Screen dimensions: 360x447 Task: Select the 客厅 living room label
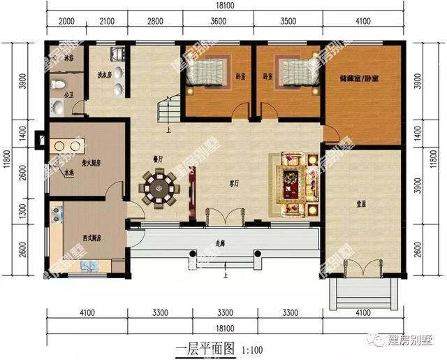click(x=235, y=184)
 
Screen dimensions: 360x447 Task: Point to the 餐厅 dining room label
click(x=158, y=157)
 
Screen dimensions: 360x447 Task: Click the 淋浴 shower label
click(x=68, y=59)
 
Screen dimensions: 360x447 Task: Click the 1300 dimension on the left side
click(x=24, y=208)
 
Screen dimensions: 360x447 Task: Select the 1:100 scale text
click(x=252, y=347)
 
